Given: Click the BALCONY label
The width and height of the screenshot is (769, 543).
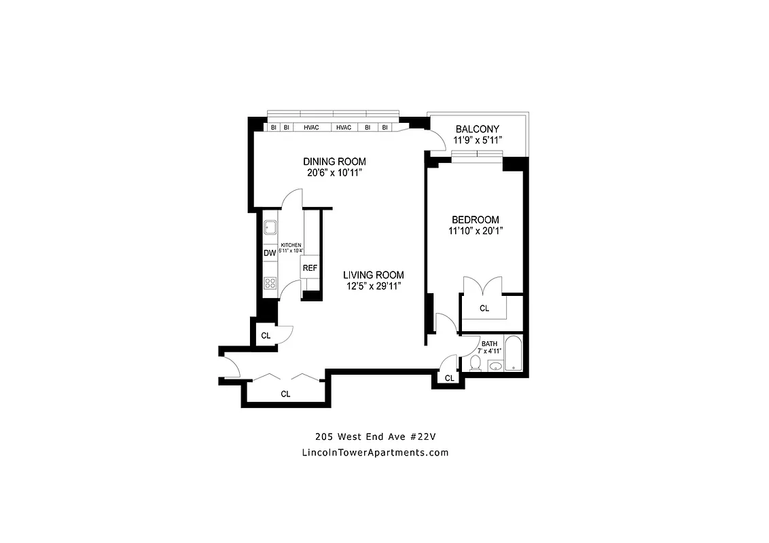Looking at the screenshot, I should point(478,129).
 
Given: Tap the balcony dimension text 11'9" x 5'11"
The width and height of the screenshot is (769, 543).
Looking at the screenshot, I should point(478,141).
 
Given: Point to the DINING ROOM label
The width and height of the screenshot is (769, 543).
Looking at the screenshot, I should point(334,162).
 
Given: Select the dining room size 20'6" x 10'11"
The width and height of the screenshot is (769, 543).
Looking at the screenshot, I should point(334,173).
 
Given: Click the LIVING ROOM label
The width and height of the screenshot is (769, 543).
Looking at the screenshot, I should point(373,275).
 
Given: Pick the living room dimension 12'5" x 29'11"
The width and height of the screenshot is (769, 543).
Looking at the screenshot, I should point(373,286).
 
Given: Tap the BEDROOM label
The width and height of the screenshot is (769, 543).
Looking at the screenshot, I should point(476,220).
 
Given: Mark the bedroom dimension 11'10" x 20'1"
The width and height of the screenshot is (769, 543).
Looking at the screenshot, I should point(476,231).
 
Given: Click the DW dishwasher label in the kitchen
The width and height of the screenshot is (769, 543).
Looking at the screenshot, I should point(270,253).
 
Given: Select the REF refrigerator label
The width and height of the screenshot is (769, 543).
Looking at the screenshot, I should point(310,268).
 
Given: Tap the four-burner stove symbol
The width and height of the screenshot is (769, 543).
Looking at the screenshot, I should point(270,283).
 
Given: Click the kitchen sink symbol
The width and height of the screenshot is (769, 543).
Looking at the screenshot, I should point(270,227).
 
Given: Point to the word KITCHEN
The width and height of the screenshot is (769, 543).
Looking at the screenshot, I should point(291,245).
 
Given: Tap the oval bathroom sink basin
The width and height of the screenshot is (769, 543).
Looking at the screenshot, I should point(495,367).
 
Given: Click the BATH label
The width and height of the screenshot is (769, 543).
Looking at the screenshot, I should point(489,344).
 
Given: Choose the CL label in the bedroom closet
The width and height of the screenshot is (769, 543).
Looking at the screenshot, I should point(484,309).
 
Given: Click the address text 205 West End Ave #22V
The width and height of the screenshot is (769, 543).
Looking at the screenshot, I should point(374,436).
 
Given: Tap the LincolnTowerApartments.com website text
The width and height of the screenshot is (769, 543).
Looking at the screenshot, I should point(374,453).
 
